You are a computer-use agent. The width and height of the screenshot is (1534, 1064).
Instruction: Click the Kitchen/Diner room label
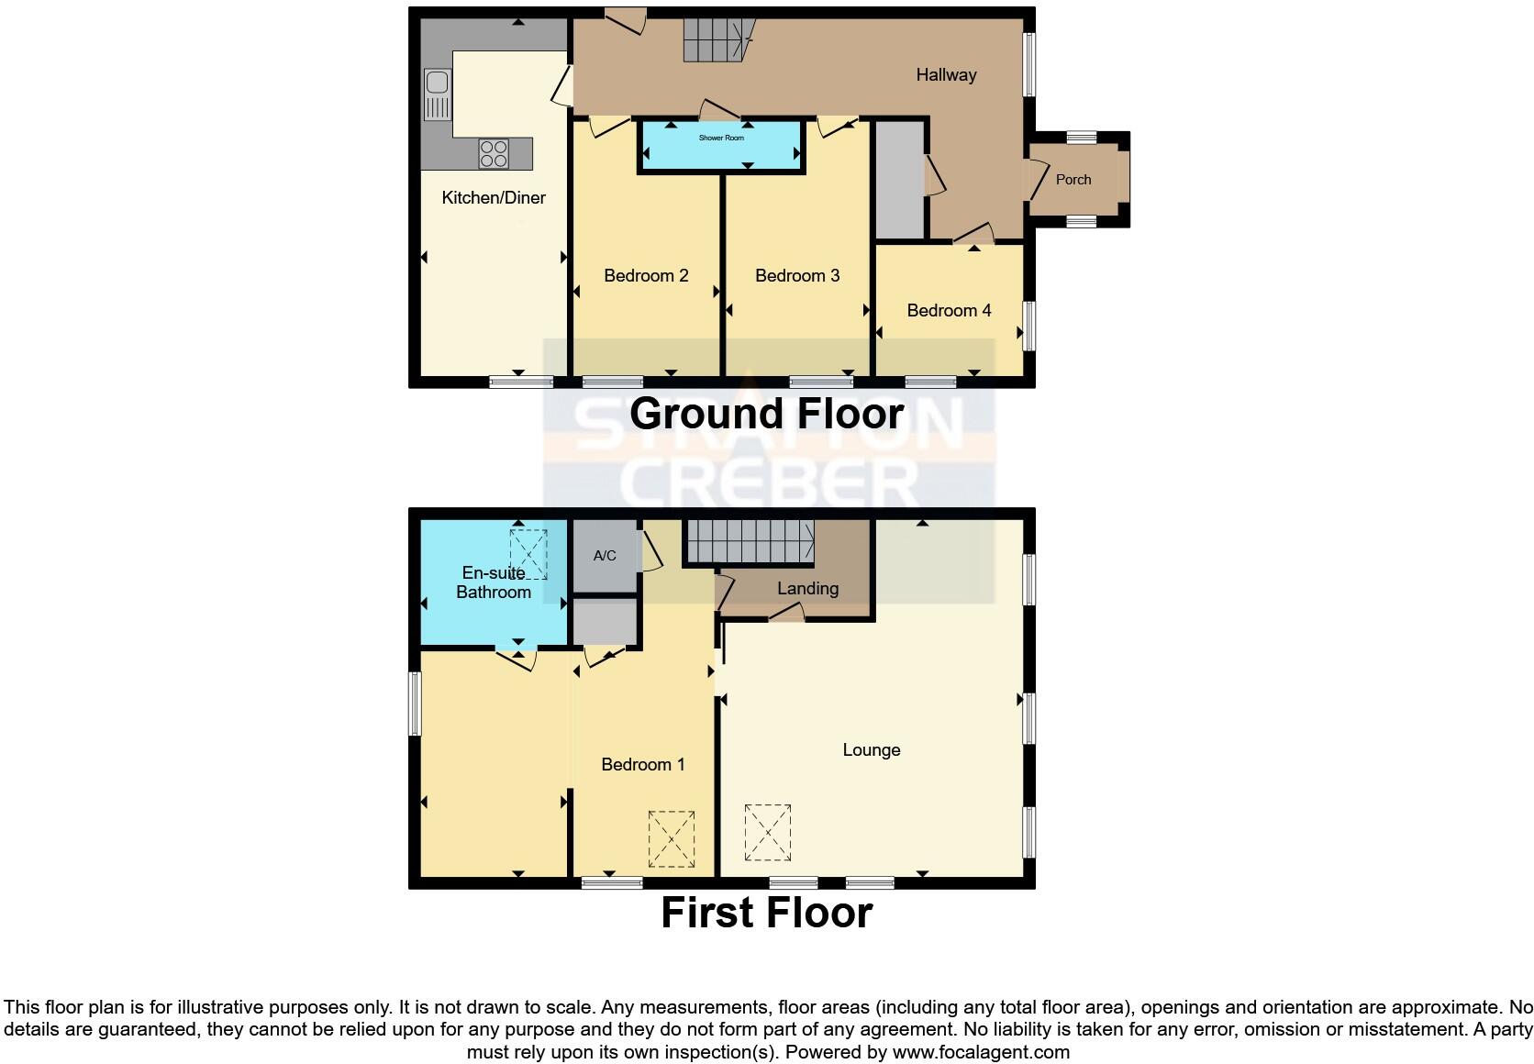494,197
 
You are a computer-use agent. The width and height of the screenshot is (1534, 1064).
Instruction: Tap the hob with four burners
494,152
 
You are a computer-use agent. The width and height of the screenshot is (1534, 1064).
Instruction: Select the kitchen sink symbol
438,95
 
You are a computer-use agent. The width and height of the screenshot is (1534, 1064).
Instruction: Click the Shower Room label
721,138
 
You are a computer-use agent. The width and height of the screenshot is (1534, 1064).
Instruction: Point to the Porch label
1073,180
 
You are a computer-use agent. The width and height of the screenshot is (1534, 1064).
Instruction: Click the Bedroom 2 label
646,275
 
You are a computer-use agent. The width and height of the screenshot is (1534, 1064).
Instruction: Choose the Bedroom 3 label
796,275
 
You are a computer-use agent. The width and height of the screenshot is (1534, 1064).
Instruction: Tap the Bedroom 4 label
949,310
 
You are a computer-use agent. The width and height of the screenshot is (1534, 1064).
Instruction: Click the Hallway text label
946,74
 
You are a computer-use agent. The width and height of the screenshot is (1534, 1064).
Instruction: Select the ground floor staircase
716,40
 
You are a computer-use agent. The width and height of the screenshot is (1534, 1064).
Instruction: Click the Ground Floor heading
766,414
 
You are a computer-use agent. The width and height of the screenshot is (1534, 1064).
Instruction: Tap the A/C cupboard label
605,556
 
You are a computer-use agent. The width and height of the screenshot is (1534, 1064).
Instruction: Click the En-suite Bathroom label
494,582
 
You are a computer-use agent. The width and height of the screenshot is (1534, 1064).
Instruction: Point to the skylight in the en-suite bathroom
528,553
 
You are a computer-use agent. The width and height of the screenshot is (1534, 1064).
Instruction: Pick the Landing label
807,588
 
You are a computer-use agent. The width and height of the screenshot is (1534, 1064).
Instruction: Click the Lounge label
871,750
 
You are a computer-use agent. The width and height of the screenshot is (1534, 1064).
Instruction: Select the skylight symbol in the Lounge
768,832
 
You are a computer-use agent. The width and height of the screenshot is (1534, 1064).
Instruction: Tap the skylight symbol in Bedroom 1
671,838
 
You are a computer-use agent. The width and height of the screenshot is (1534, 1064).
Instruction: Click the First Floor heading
766,913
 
